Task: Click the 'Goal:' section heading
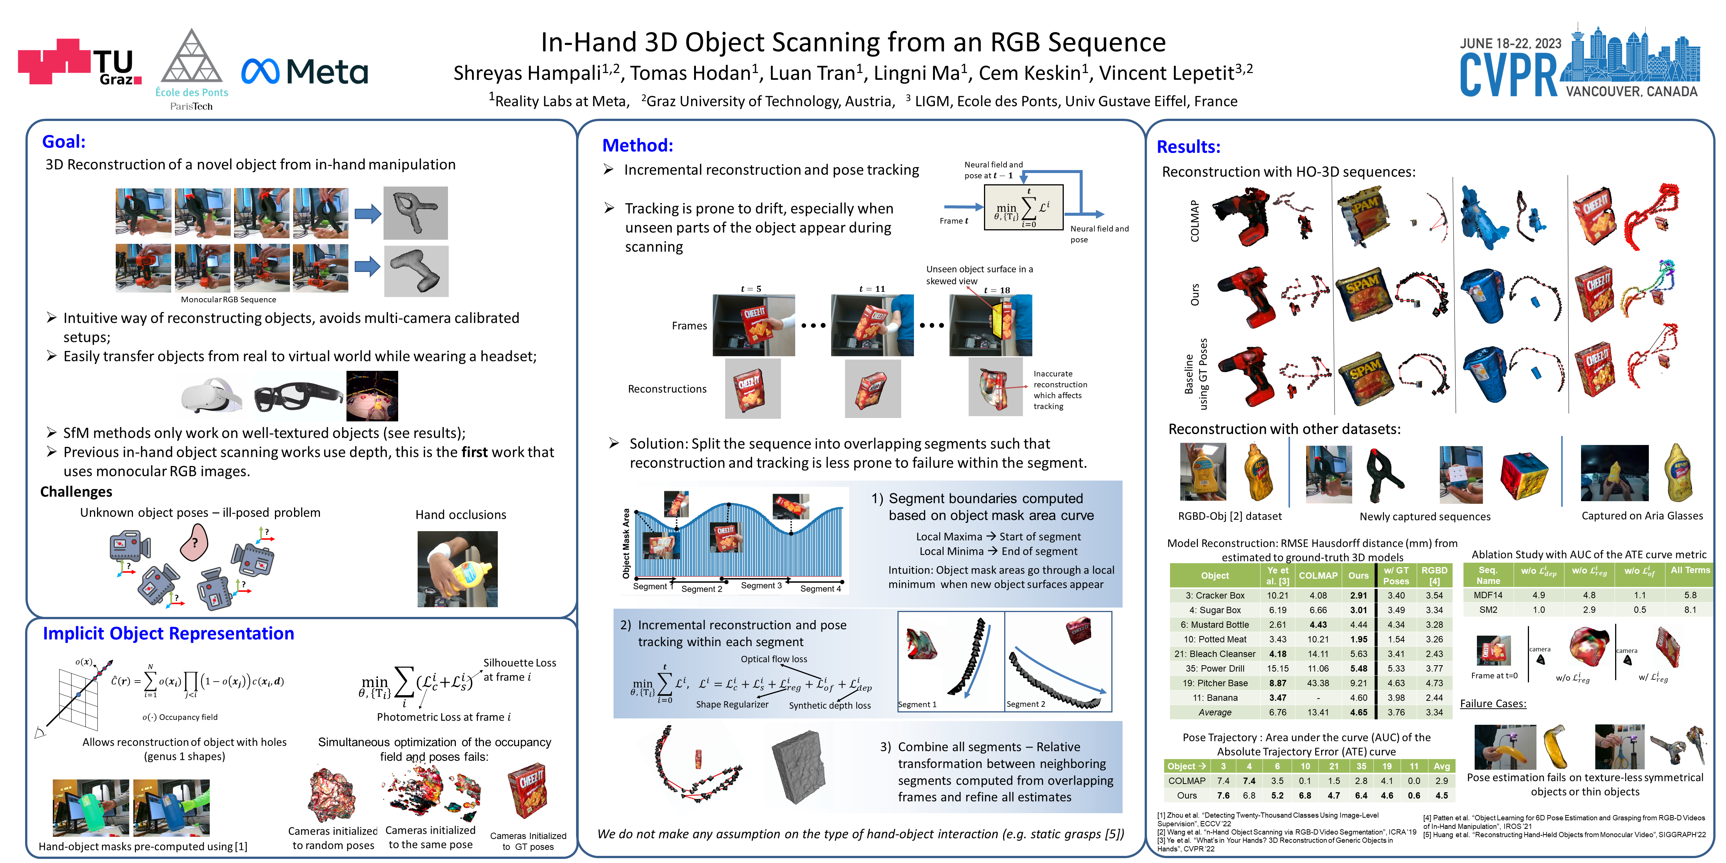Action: (64, 141)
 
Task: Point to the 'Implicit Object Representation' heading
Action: (168, 633)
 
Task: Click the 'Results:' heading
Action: (1188, 147)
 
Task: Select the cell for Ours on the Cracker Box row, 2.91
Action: (1358, 595)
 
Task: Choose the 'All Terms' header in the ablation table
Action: (1690, 570)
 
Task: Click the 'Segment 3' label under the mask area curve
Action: (761, 585)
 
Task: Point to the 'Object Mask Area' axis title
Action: (626, 543)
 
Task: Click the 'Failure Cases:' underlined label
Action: (1493, 703)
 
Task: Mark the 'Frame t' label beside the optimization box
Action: (953, 221)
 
